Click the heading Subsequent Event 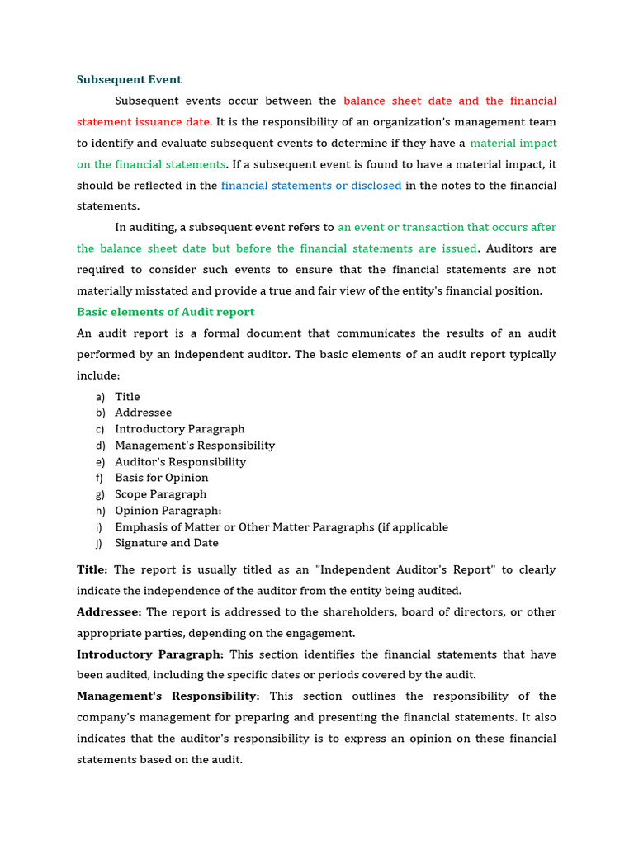pos(129,80)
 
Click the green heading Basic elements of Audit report pos(165,312)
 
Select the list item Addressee pos(144,413)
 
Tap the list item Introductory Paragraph pos(180,429)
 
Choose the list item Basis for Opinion pos(162,478)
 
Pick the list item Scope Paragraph pos(161,494)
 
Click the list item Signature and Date pos(167,543)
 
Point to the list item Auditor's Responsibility pos(181,462)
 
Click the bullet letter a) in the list pos(100,397)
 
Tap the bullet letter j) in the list pos(100,543)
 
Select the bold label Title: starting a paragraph pos(92,570)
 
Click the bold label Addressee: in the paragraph pos(109,612)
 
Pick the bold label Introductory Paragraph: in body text pos(150,654)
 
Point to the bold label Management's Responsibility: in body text pos(168,696)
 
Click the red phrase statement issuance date pos(143,122)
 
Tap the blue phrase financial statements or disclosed pos(311,186)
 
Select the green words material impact pos(513,144)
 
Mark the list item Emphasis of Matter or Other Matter pos(282,527)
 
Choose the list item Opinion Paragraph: pos(168,511)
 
